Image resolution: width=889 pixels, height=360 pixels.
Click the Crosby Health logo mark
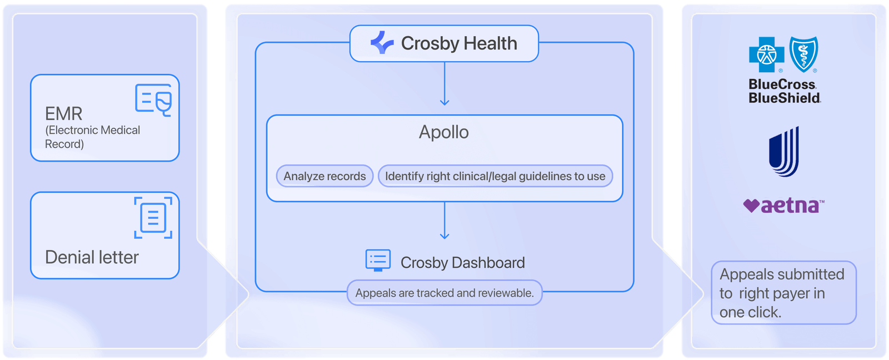(382, 42)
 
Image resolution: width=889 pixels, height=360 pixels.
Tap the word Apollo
(444, 132)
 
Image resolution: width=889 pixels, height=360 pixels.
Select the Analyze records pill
(324, 176)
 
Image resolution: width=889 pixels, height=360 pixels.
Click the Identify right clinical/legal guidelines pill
(495, 176)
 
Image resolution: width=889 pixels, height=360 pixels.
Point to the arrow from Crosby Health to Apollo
(444, 84)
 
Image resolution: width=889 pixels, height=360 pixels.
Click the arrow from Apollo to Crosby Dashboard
(444, 221)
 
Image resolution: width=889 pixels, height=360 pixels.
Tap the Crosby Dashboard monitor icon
(378, 261)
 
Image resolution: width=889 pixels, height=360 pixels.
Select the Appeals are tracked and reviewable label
(444, 293)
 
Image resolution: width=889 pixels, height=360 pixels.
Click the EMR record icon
(153, 100)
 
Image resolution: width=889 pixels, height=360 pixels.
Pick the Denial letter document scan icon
(153, 218)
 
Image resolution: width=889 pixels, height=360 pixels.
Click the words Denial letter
(92, 257)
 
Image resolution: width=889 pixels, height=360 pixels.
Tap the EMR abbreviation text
(63, 114)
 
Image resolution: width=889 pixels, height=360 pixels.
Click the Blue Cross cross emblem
(766, 55)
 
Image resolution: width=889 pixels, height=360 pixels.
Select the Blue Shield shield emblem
(803, 54)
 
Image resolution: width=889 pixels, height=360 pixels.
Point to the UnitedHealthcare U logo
(784, 152)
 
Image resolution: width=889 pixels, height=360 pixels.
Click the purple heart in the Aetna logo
(751, 206)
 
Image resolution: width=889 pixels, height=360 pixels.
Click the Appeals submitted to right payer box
(784, 293)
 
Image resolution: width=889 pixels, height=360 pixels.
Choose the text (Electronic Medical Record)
(92, 137)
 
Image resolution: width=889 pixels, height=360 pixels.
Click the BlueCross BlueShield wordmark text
(785, 91)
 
